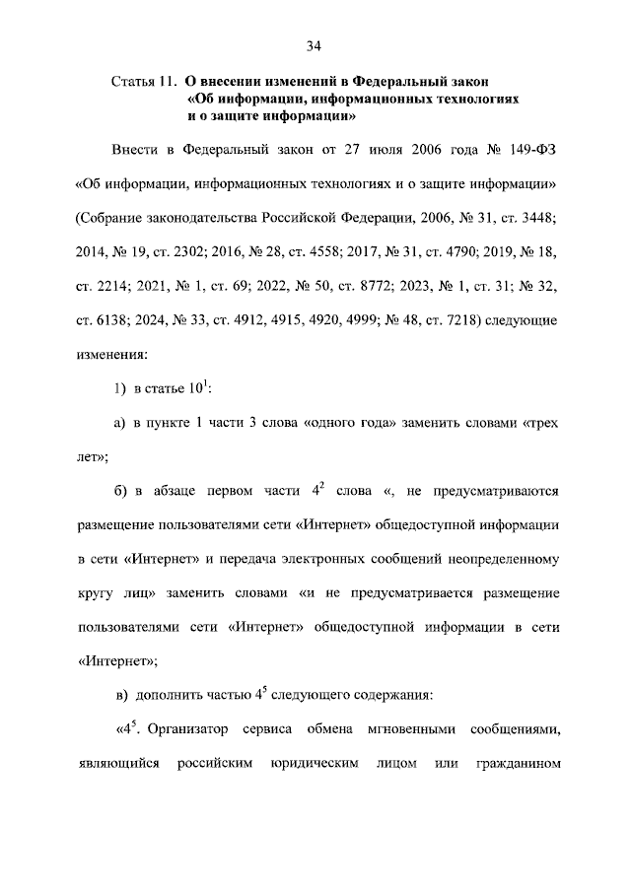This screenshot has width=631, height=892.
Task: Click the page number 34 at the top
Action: coord(315,45)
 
